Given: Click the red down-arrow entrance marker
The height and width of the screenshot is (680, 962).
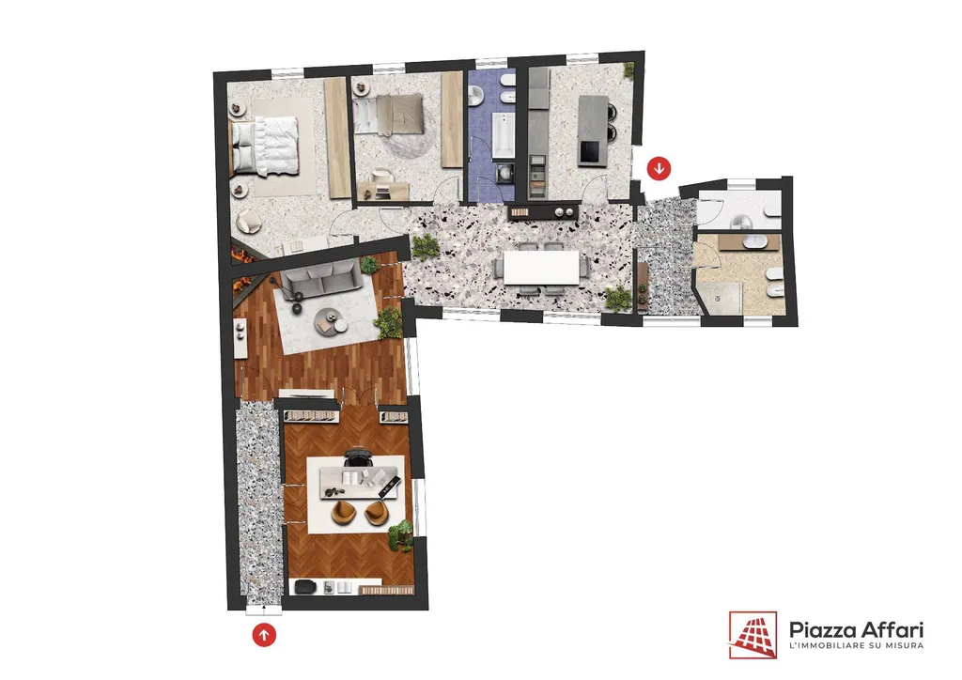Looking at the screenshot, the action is click(x=659, y=168).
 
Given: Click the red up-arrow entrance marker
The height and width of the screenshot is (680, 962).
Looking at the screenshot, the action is click(x=264, y=635).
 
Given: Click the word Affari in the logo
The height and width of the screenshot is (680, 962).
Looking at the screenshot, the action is click(x=892, y=629).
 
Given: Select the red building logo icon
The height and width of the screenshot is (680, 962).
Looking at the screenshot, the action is click(x=753, y=635).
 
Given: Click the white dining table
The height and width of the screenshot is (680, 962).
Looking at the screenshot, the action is click(x=542, y=268).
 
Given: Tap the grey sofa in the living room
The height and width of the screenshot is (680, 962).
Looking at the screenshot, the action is click(x=319, y=279).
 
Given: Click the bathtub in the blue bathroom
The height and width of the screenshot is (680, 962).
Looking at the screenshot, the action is click(x=504, y=135).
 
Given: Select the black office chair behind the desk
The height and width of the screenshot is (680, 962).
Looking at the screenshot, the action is click(x=359, y=457).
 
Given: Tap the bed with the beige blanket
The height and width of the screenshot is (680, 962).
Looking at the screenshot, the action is click(x=389, y=114).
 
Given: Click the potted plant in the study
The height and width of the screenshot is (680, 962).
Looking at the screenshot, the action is click(x=401, y=534).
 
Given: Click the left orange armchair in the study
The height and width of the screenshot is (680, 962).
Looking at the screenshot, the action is click(x=345, y=513).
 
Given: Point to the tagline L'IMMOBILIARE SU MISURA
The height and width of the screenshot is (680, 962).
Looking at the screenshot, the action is click(x=857, y=645).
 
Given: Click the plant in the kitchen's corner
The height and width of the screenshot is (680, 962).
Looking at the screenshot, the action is click(x=628, y=70).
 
